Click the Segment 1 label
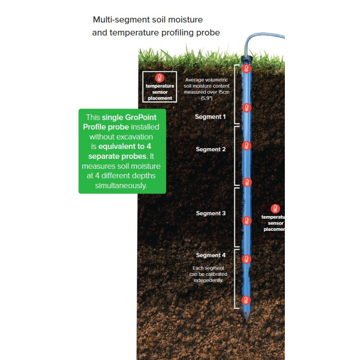pos(210,117)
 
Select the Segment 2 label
pos(211,149)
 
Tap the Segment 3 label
pos(211,213)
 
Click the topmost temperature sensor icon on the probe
pos(246,69)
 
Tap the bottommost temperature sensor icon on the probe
pos(246,300)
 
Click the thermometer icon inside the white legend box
pos(159,78)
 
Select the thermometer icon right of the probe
pos(275,209)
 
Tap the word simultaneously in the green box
pos(121,185)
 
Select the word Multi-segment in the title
pos(119,20)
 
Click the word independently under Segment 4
pos(208,280)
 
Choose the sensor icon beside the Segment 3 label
pos(246,220)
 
